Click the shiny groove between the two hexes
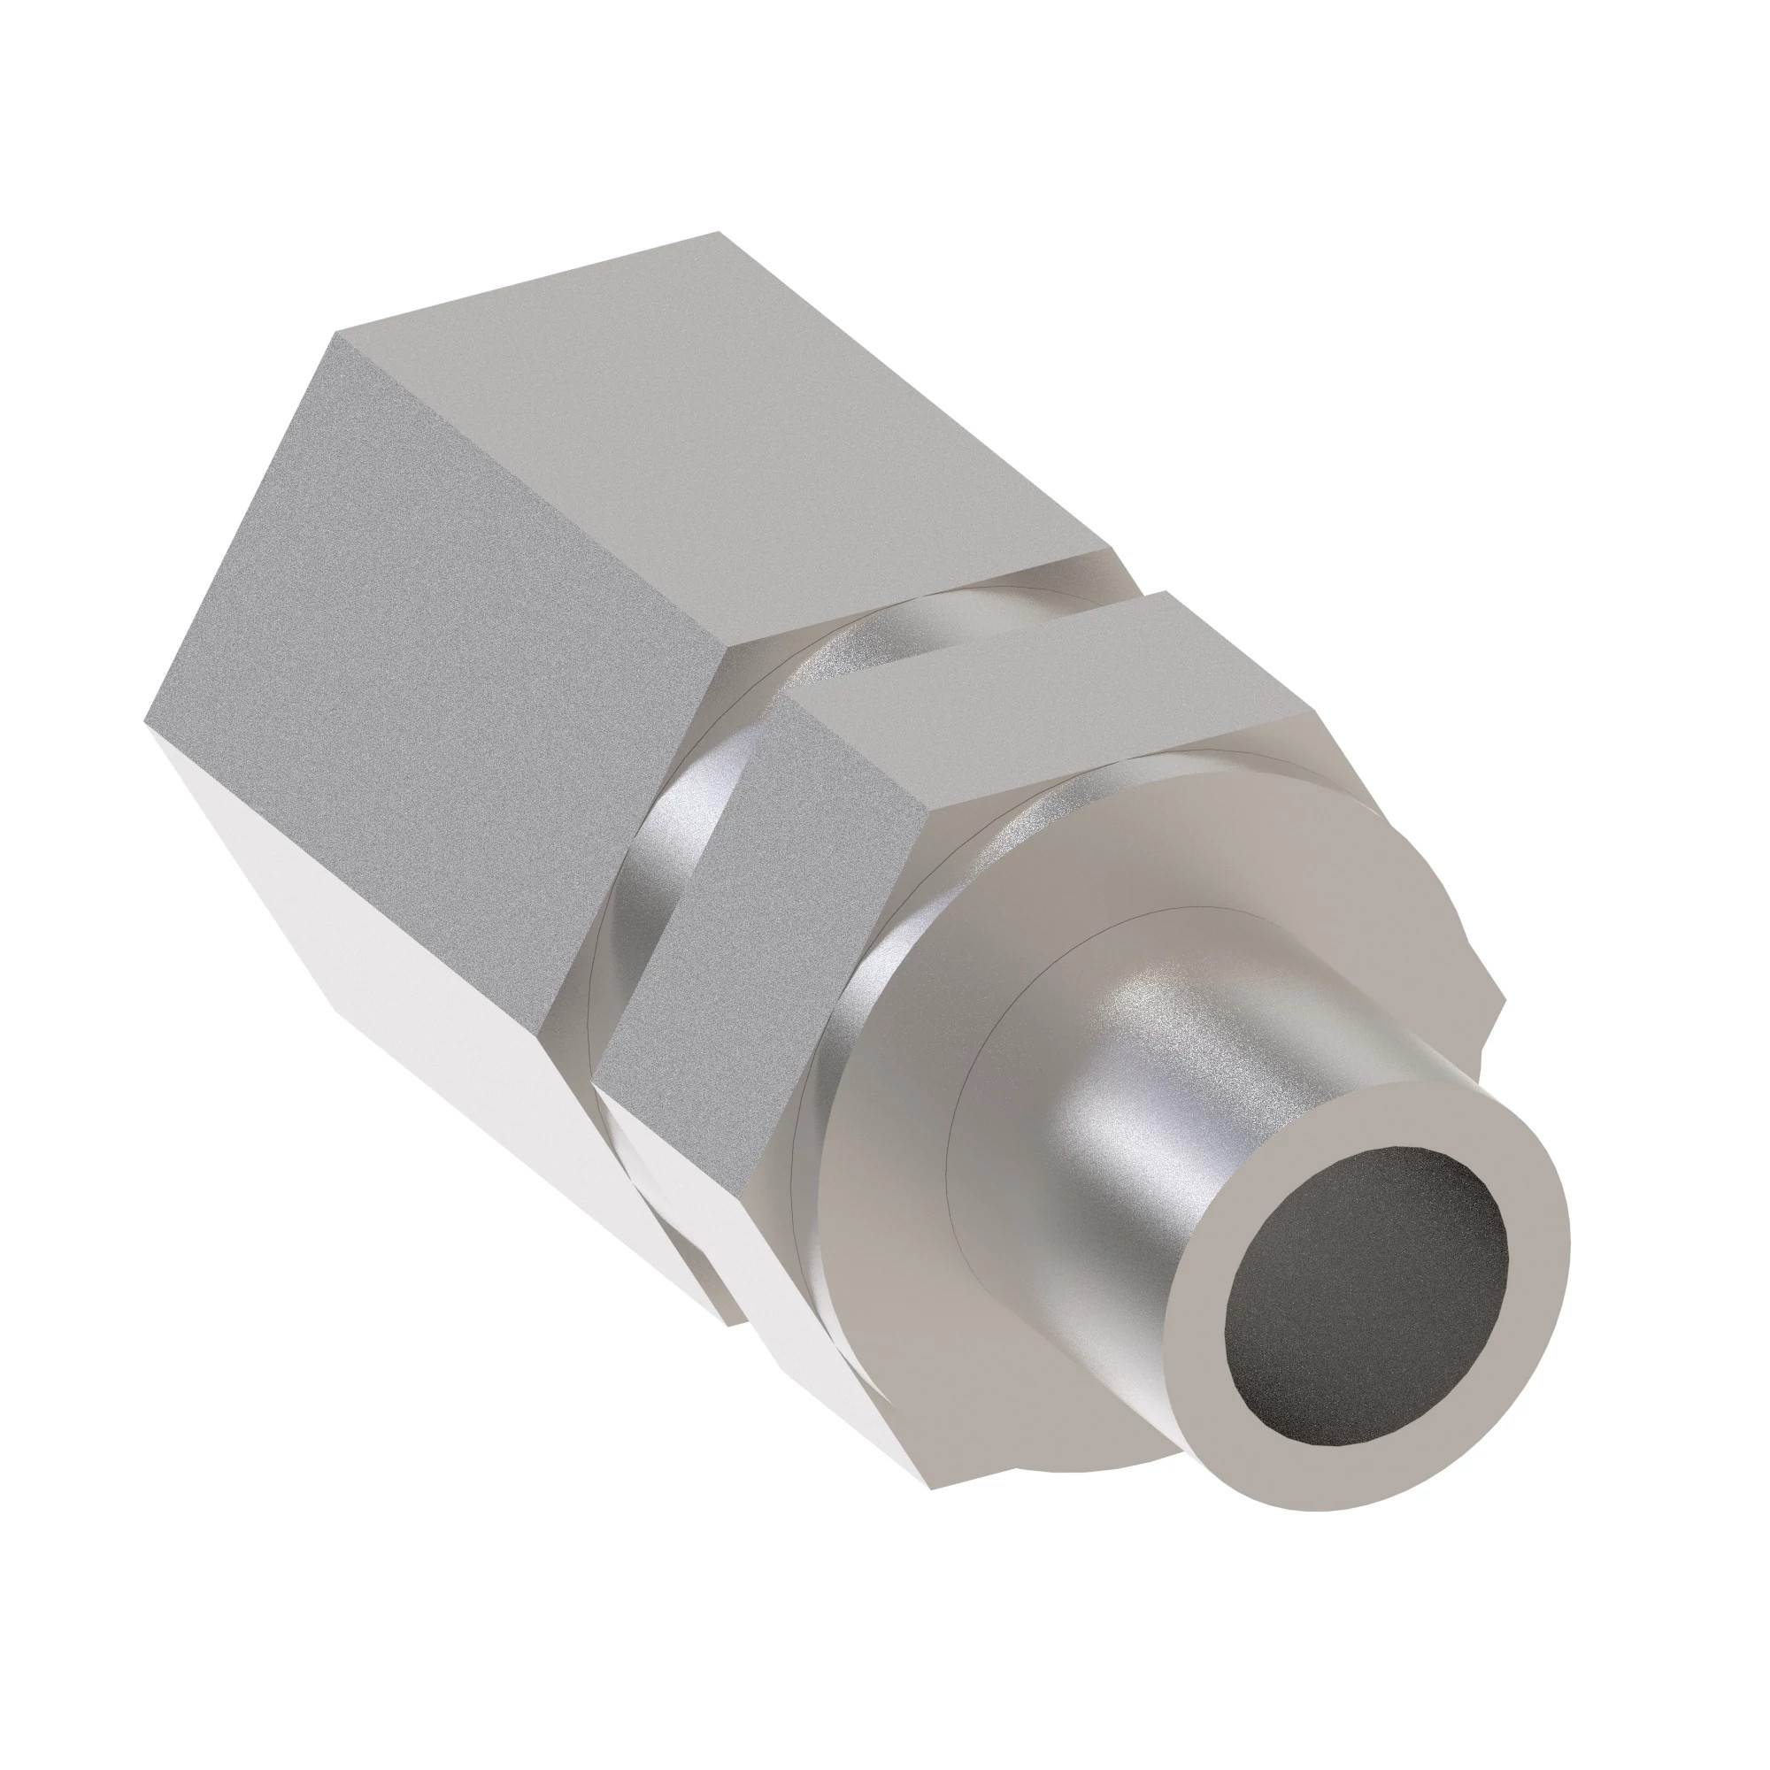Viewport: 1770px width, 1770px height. [x=687, y=825]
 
